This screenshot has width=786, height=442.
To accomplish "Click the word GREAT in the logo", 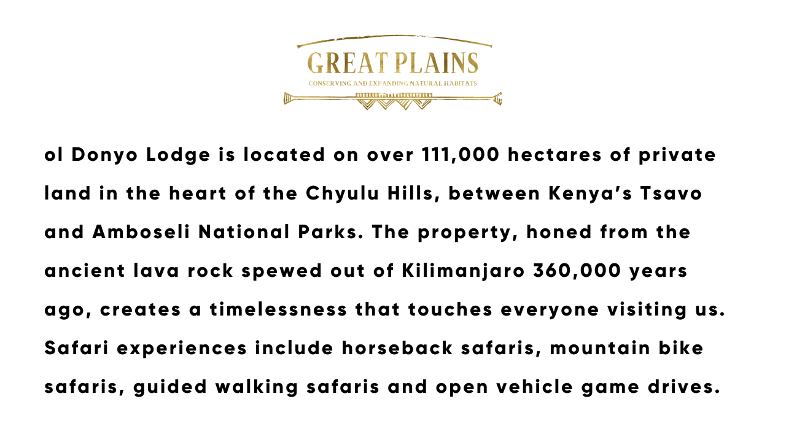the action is pyautogui.click(x=348, y=63).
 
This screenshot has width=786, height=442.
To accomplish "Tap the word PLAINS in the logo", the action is pyautogui.click(x=437, y=63).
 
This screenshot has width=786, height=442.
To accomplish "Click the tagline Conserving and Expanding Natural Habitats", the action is pyautogui.click(x=392, y=83).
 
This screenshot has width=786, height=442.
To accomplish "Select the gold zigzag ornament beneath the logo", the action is pyautogui.click(x=394, y=102).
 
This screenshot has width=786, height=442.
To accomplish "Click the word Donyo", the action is pyautogui.click(x=104, y=155).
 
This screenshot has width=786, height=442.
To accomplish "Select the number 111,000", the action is pyautogui.click(x=461, y=155).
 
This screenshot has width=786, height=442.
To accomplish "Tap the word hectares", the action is pyautogui.click(x=554, y=155).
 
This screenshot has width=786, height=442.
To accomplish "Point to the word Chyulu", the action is pyautogui.click(x=343, y=193).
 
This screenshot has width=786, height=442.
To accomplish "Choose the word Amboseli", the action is pyautogui.click(x=141, y=232).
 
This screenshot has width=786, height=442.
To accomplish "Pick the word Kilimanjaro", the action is pyautogui.click(x=463, y=271).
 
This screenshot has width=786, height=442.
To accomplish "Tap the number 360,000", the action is pyautogui.click(x=577, y=271).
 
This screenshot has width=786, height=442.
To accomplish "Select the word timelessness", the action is pyautogui.click(x=279, y=309).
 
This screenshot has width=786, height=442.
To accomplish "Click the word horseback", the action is pyautogui.click(x=397, y=348).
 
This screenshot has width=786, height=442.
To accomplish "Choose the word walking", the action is pyautogui.click(x=257, y=387).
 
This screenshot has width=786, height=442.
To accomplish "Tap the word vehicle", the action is pyautogui.click(x=535, y=387).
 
